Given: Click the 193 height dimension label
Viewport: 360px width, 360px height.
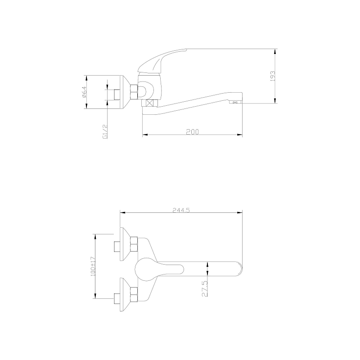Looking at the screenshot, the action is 273,76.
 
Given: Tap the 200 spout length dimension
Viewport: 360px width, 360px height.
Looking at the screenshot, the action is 193,132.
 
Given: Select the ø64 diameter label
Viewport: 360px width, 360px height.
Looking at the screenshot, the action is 84,92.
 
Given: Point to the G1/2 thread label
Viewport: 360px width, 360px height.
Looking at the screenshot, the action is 105,132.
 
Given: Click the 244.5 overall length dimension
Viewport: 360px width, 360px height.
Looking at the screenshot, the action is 181,210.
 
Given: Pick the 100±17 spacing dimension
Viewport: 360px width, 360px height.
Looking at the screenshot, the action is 93,266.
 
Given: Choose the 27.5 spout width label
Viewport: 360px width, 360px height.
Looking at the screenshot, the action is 205,289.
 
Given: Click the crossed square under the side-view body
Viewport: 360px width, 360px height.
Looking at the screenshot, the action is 150,103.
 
